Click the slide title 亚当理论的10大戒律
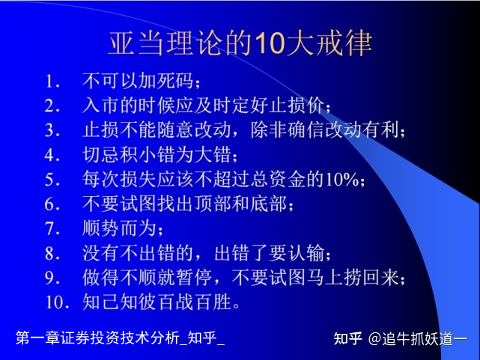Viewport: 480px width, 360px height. (x=240, y=43)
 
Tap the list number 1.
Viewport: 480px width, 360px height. (x=52, y=82)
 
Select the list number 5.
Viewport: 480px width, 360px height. (x=52, y=180)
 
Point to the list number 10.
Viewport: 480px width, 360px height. (x=58, y=302)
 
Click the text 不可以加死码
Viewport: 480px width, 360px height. (x=138, y=81)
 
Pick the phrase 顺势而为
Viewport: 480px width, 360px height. (x=119, y=228)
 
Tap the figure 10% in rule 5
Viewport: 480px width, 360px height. (x=342, y=179)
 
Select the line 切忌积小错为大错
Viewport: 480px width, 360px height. (x=157, y=154)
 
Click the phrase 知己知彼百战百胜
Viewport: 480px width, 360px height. (x=157, y=302)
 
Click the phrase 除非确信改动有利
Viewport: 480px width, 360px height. (x=324, y=130)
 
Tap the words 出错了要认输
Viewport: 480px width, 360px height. (x=269, y=253)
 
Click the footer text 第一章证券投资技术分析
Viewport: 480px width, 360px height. (x=98, y=338)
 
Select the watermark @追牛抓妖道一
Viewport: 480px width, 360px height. (x=418, y=339)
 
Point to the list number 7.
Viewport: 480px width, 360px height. (x=52, y=229)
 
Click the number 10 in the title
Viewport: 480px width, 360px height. (x=269, y=43)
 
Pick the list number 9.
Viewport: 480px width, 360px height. (x=52, y=278)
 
